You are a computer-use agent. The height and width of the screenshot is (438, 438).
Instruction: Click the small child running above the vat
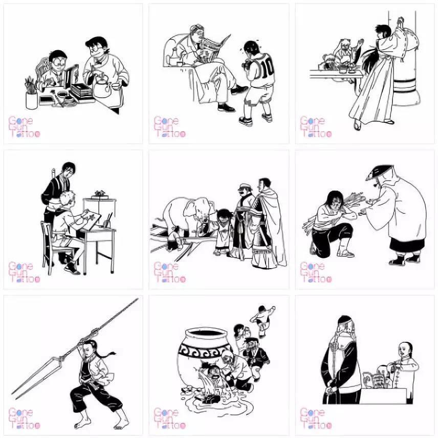pyautogui.click(x=262, y=319)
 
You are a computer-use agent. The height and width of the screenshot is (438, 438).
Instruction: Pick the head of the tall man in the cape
pyautogui.click(x=265, y=184)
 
